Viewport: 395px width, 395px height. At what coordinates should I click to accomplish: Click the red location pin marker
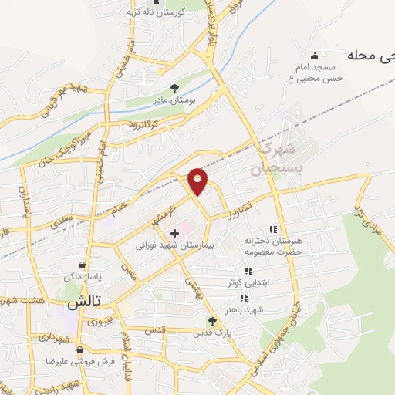point(198,181)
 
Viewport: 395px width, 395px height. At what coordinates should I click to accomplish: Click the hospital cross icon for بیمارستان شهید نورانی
point(174,232)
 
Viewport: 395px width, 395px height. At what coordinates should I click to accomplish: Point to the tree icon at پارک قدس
point(212,321)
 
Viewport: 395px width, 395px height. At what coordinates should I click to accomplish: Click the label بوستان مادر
point(174,101)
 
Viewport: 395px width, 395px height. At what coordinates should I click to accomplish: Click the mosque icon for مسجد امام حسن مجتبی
point(313,56)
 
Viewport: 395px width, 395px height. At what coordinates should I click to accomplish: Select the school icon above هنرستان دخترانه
point(272,229)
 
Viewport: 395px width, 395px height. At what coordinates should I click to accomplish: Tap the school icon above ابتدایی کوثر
point(248,271)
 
